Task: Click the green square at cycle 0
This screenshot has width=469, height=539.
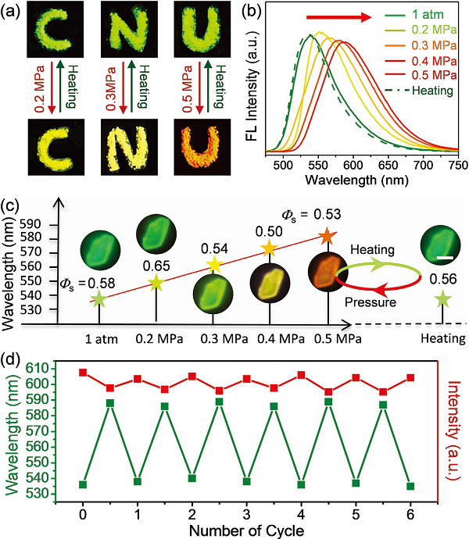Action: pos(83,484)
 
